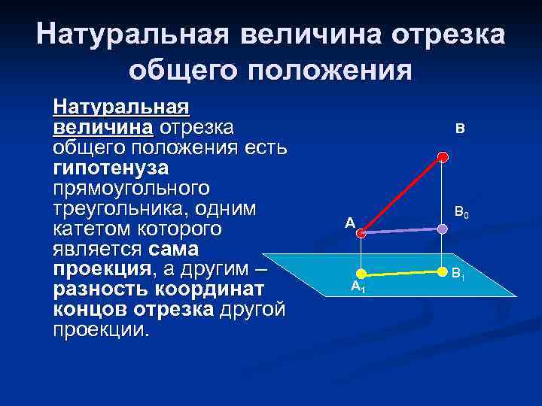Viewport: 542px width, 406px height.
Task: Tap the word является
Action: pyautogui.click(x=98, y=247)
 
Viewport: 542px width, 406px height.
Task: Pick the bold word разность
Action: pyautogui.click(x=101, y=289)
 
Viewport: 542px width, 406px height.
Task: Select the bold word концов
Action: pyautogui.click(x=90, y=310)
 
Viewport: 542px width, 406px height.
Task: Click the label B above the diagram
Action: pyautogui.click(x=459, y=129)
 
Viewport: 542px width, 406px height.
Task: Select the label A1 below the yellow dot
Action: pyautogui.click(x=358, y=286)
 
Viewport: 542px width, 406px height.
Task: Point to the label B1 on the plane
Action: pyautogui.click(x=458, y=274)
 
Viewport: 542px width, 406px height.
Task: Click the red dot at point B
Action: pyautogui.click(x=443, y=156)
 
